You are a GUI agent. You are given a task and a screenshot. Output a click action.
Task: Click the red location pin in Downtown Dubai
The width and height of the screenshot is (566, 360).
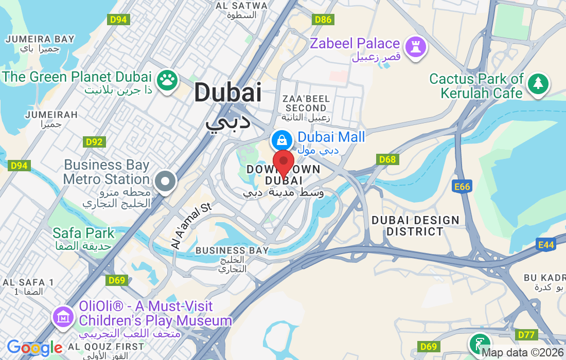pyautogui.click(x=283, y=163)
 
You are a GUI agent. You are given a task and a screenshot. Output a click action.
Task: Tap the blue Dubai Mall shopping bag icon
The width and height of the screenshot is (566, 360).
pyautogui.click(x=282, y=139)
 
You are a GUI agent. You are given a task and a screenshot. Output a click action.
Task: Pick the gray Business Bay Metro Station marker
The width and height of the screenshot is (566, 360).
pyautogui.click(x=166, y=181)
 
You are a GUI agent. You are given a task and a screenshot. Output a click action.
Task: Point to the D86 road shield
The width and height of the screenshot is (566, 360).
pyautogui.click(x=323, y=20)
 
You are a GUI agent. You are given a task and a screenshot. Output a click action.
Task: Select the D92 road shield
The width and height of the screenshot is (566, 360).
pyautogui.click(x=94, y=142)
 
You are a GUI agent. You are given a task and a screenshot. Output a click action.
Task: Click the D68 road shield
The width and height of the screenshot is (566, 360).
pyautogui.click(x=387, y=159)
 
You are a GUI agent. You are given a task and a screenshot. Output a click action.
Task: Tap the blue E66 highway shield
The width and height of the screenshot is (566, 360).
pyautogui.click(x=462, y=187)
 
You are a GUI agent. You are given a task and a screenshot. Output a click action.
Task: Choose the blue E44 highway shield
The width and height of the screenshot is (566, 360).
pyautogui.click(x=545, y=245)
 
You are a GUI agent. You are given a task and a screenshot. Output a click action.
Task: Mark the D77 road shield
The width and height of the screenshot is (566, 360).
pyautogui.click(x=526, y=335)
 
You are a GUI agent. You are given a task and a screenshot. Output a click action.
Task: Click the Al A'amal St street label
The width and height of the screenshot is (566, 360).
pyautogui.click(x=191, y=226)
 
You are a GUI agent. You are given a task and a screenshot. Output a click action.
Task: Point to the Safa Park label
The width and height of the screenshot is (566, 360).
pyautogui.click(x=83, y=233)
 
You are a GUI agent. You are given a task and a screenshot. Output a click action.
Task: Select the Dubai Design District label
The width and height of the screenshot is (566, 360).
pyautogui.click(x=415, y=226)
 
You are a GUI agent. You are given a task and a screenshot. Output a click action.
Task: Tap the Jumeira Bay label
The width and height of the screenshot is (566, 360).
pyautogui.click(x=40, y=39)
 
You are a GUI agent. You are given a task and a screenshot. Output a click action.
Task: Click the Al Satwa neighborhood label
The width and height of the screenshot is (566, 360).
pyautogui.click(x=242, y=6)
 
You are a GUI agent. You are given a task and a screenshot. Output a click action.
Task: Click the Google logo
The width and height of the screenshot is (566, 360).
pyautogui.click(x=34, y=348)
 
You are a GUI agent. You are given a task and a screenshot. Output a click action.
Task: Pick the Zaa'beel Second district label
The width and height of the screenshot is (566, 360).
pyautogui.click(x=306, y=103)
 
